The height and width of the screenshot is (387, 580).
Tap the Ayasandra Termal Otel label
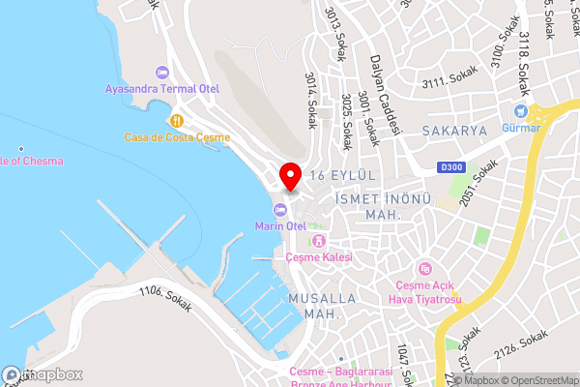point(162,89)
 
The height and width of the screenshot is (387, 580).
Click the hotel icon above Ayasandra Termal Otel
point(161,73)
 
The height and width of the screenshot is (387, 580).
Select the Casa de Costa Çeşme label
point(177,137)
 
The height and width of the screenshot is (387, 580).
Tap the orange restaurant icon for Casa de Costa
point(176,122)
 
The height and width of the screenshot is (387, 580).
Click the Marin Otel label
point(280,225)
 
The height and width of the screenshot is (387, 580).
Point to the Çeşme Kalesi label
point(319,257)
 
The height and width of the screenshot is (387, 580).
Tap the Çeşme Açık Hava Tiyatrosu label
point(426,291)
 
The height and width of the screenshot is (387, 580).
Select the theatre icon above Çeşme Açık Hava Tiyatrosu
point(422,268)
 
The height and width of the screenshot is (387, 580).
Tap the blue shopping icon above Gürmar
point(520,112)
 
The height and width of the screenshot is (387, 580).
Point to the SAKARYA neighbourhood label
point(453,129)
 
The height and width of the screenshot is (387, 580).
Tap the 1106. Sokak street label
point(165,297)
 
